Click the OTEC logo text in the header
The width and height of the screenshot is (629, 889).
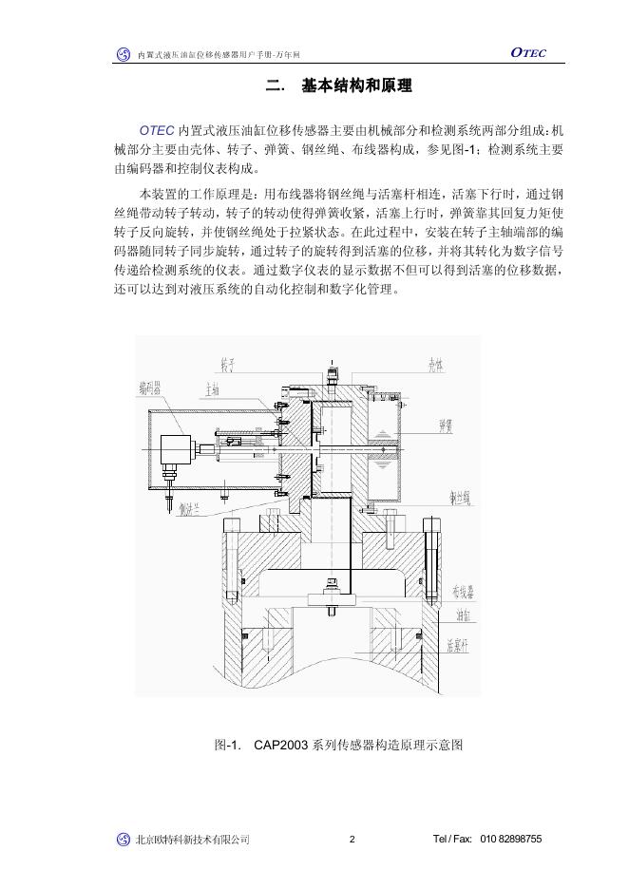[x=527, y=53]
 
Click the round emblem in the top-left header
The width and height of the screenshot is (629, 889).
[x=123, y=55]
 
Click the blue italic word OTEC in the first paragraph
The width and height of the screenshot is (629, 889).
[x=157, y=129]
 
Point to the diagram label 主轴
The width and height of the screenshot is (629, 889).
[x=212, y=388]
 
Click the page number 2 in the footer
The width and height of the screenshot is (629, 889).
[x=352, y=840]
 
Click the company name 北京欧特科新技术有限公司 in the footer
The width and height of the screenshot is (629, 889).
[x=193, y=840]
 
